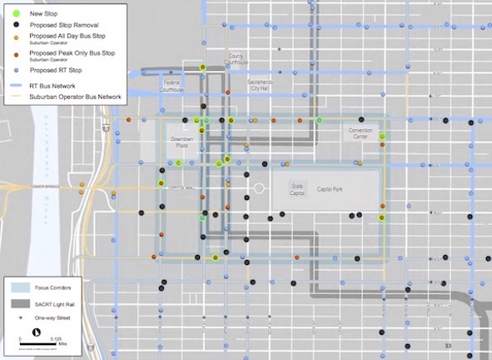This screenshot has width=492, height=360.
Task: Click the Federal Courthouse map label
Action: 173,86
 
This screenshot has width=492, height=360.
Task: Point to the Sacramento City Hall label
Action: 266,86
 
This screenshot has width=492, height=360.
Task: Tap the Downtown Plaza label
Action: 181,142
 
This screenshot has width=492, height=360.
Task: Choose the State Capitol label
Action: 297,189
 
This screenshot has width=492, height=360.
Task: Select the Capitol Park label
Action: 335,190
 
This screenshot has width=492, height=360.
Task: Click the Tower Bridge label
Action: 47,186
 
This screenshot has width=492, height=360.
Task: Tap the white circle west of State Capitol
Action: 259,189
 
